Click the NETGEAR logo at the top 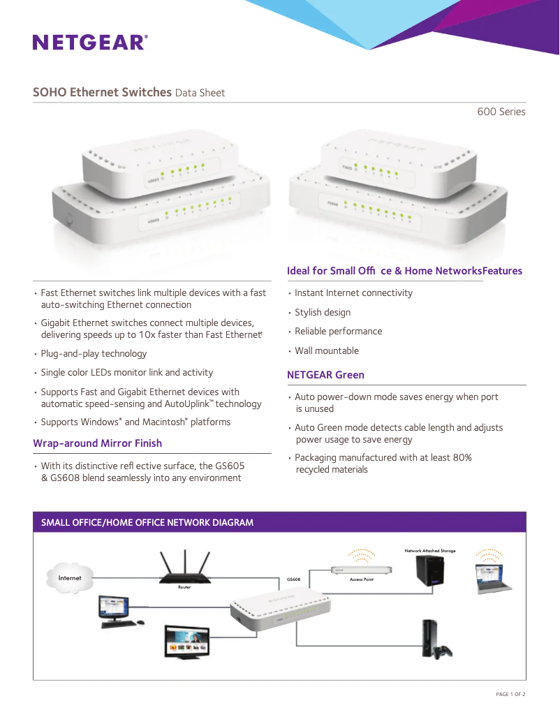(90, 43)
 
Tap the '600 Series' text (501, 112)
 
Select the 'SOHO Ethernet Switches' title (102, 92)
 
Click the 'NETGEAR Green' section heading (325, 375)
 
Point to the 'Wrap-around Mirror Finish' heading (97, 443)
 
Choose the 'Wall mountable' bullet (326, 350)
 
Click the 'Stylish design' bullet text (322, 312)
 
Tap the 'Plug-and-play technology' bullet (94, 353)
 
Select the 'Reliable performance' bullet (338, 331)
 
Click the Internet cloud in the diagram (70, 578)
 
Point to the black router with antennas (184, 569)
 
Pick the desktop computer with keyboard (116, 612)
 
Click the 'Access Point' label (361, 579)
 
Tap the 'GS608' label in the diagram (294, 579)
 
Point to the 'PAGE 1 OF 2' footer (510, 694)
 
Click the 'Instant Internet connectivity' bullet (353, 293)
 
